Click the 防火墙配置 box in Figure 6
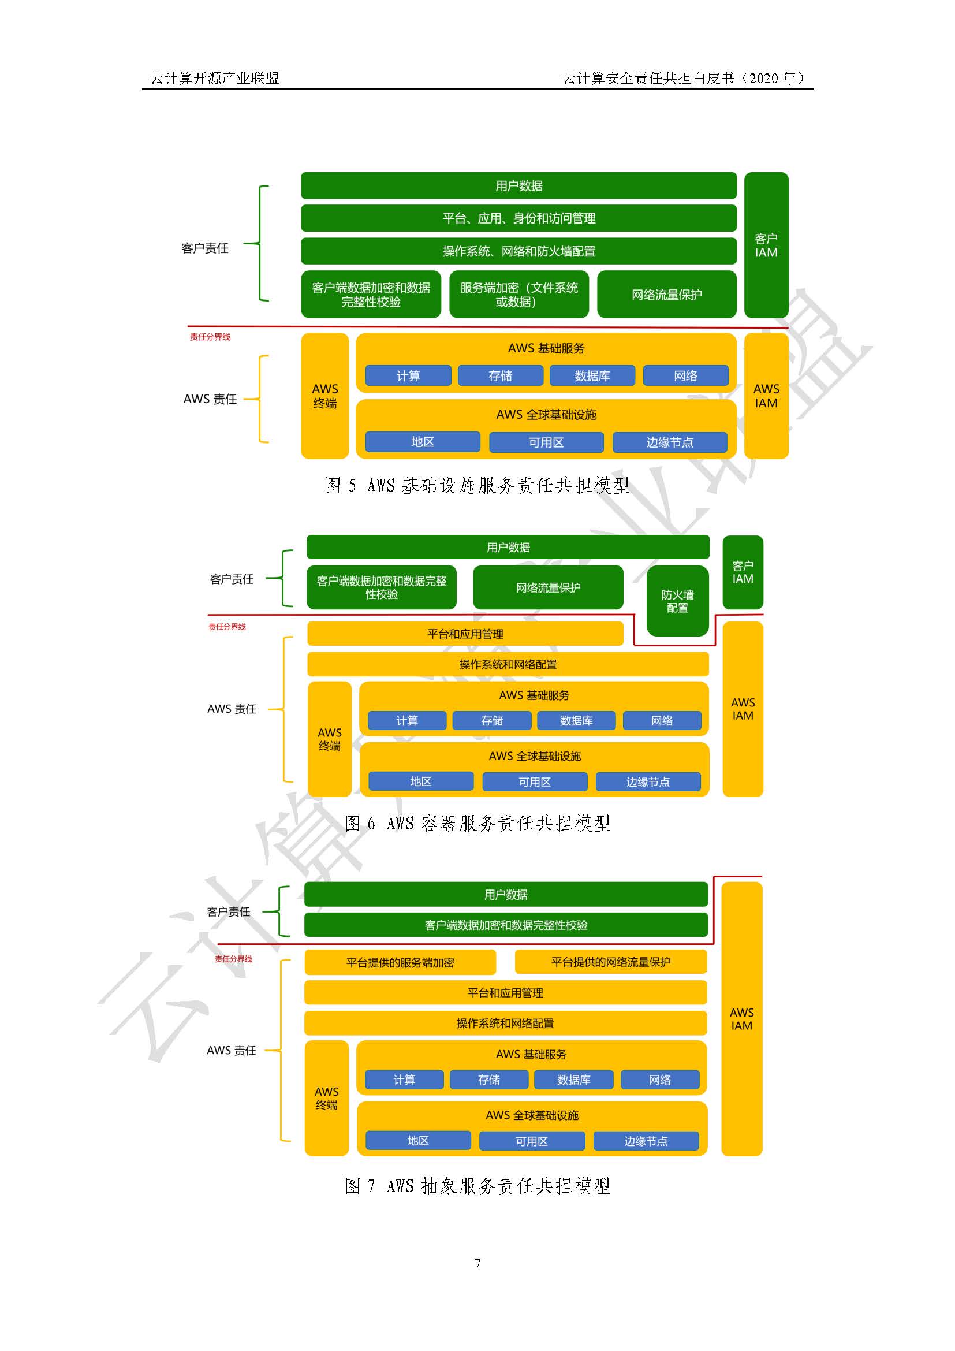click(677, 601)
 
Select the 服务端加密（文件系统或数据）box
click(518, 294)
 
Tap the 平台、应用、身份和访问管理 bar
click(518, 218)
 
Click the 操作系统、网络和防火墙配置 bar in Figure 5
click(518, 251)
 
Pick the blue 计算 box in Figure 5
click(408, 375)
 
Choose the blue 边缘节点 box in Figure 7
click(646, 1141)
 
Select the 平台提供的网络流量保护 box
click(610, 962)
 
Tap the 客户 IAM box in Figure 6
click(743, 572)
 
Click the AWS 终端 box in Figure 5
click(324, 396)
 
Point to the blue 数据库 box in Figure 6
click(576, 721)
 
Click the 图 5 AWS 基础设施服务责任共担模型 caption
click(477, 485)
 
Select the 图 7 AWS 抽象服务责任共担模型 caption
click(477, 1186)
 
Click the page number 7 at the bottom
click(477, 1263)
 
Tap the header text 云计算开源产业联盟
click(215, 78)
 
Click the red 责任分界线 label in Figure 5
click(210, 337)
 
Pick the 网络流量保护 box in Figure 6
click(548, 587)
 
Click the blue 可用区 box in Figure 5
click(546, 442)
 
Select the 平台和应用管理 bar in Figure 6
click(465, 634)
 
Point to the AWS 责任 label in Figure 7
click(231, 1050)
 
